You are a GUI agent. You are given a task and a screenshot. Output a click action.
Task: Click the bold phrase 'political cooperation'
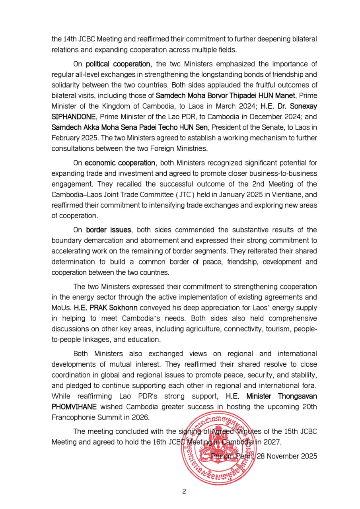pyautogui.click(x=118, y=64)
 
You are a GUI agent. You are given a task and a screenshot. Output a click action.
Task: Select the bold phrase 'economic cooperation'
pyautogui.click(x=120, y=163)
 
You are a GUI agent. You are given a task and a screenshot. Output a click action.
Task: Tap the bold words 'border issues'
pyautogui.click(x=108, y=230)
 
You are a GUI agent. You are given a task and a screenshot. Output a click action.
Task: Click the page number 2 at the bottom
pyautogui.click(x=184, y=491)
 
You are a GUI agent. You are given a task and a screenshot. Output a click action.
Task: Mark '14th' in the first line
pyautogui.click(x=70, y=39)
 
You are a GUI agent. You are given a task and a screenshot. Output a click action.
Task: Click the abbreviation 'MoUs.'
pyautogui.click(x=61, y=308)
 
